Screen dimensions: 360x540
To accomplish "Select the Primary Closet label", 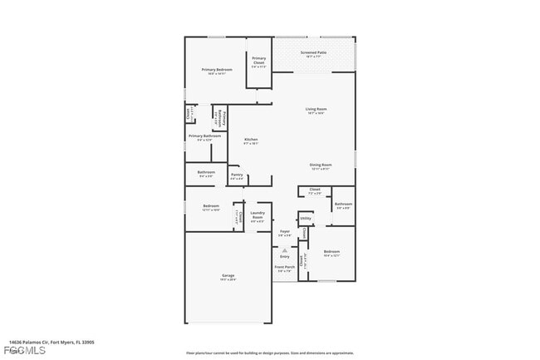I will (258, 60).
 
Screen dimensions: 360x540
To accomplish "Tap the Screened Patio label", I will (314, 52).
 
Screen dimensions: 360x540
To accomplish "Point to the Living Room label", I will (316, 109).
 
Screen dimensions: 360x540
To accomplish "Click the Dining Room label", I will (321, 165).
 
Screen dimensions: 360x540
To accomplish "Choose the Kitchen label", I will (251, 140).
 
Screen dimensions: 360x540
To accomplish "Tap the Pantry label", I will (237, 175).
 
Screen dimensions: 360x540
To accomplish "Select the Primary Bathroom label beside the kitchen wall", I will (222, 119).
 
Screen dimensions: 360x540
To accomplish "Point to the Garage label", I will (228, 276).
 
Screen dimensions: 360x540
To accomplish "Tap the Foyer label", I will (284, 231).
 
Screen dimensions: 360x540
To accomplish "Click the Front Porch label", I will (284, 268).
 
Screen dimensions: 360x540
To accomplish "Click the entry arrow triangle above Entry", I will (284, 249).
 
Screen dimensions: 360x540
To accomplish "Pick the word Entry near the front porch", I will (284, 256).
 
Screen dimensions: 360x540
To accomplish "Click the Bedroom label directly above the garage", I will (211, 205).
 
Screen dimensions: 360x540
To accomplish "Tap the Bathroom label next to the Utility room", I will (343, 204).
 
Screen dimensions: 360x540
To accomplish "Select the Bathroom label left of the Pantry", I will (206, 173).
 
